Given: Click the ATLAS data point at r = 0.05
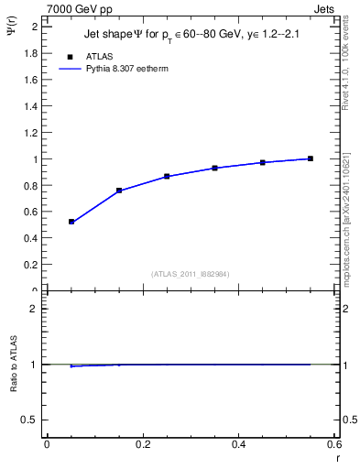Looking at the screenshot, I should click(x=71, y=222).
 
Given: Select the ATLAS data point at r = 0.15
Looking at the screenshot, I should click(x=119, y=191).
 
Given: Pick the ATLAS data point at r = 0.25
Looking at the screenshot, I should click(x=167, y=176).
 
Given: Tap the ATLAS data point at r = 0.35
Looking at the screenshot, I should click(x=214, y=168).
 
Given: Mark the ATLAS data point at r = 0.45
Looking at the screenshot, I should click(x=263, y=162).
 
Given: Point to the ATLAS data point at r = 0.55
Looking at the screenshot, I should click(x=311, y=158).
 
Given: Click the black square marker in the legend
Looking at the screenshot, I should click(x=71, y=56).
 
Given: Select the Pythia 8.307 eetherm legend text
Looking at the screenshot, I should click(x=126, y=68).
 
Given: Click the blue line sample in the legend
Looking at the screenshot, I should click(x=71, y=68).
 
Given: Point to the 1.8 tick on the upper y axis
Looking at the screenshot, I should click(x=31, y=53).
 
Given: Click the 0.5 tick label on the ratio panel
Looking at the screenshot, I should click(x=31, y=420).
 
